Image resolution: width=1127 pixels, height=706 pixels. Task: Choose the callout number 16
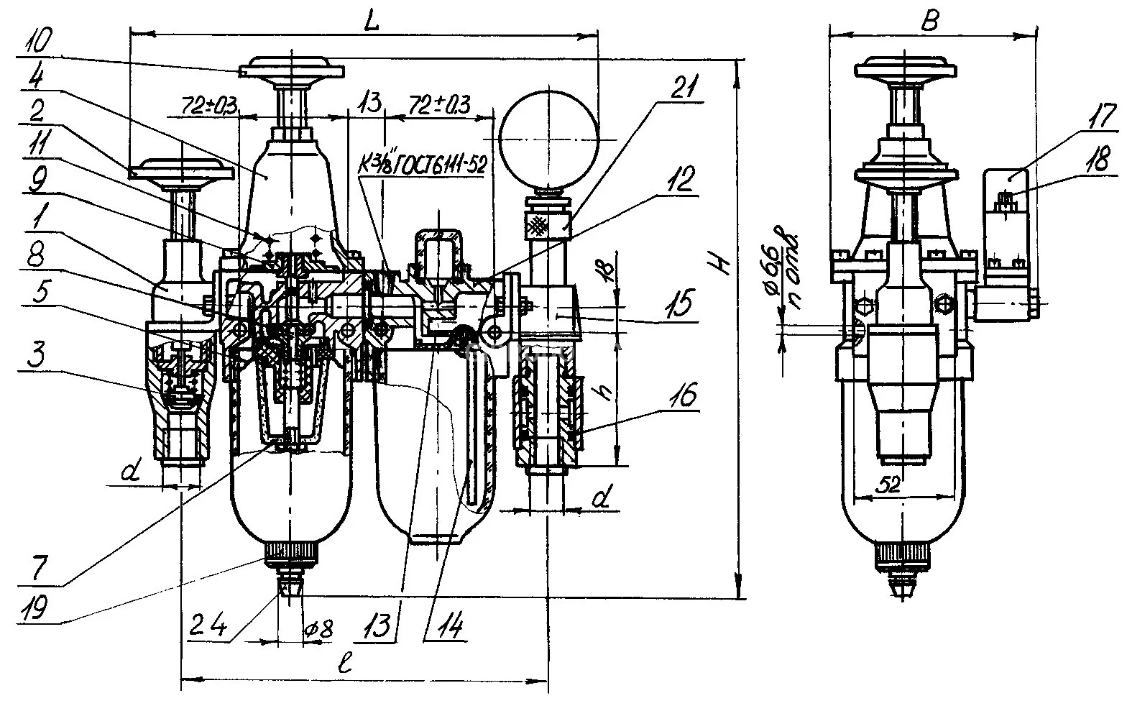click(686, 395)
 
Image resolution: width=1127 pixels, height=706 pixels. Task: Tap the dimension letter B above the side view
click(930, 22)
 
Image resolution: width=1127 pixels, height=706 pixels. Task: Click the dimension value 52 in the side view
click(890, 485)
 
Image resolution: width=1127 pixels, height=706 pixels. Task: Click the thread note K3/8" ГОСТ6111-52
click(423, 165)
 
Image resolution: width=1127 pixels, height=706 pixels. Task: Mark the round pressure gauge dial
click(549, 136)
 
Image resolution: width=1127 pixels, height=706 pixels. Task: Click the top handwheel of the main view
click(293, 70)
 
